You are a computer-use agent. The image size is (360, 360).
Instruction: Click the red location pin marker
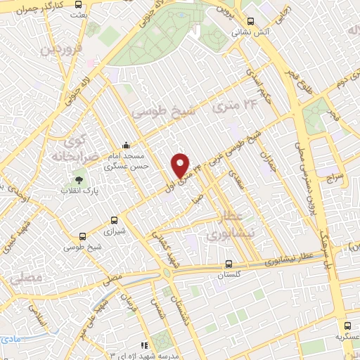click(181, 165)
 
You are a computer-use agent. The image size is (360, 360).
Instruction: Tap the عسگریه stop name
click(347, 337)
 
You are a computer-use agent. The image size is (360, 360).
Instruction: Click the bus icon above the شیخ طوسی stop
click(84, 237)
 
